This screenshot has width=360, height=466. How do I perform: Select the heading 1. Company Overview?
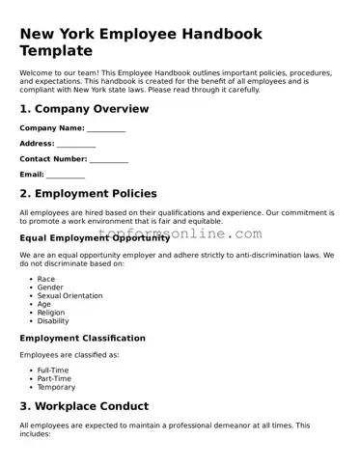(x=84, y=109)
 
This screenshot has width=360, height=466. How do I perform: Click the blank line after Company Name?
(x=106, y=128)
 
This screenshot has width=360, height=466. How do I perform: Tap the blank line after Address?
(x=76, y=144)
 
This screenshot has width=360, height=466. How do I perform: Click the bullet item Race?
(x=46, y=279)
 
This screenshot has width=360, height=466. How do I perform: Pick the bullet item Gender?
(x=50, y=288)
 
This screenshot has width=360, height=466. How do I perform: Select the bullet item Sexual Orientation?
(x=69, y=296)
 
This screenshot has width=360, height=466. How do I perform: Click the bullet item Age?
(x=44, y=305)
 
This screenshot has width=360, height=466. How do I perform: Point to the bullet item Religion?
(x=51, y=313)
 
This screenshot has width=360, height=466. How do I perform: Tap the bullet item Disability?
(x=53, y=321)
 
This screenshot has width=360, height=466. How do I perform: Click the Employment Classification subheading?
(x=82, y=339)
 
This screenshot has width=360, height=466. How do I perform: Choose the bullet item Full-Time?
(x=52, y=370)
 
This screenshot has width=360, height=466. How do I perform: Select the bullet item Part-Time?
(x=54, y=379)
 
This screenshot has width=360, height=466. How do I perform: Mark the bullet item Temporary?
(x=56, y=387)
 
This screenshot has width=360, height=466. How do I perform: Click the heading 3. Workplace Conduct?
(x=84, y=406)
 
